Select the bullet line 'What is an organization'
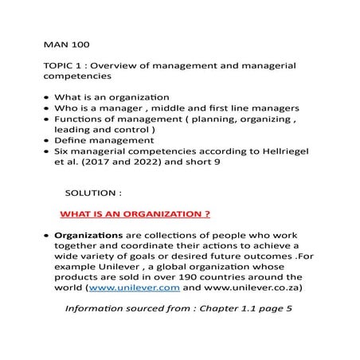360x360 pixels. coord(117,97)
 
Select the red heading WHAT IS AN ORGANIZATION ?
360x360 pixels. coord(135,215)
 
